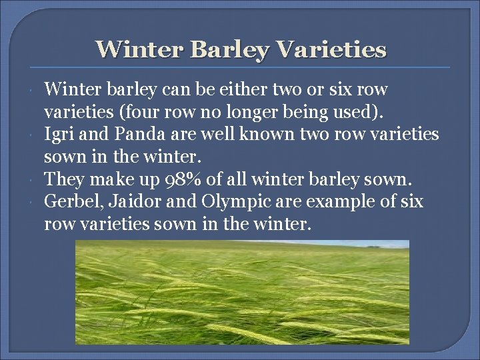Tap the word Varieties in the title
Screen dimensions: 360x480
(329, 49)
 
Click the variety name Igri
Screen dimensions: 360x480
(59, 135)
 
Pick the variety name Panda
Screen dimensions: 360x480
(137, 135)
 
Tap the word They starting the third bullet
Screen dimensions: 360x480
(63, 180)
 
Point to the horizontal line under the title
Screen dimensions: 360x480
(240, 68)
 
